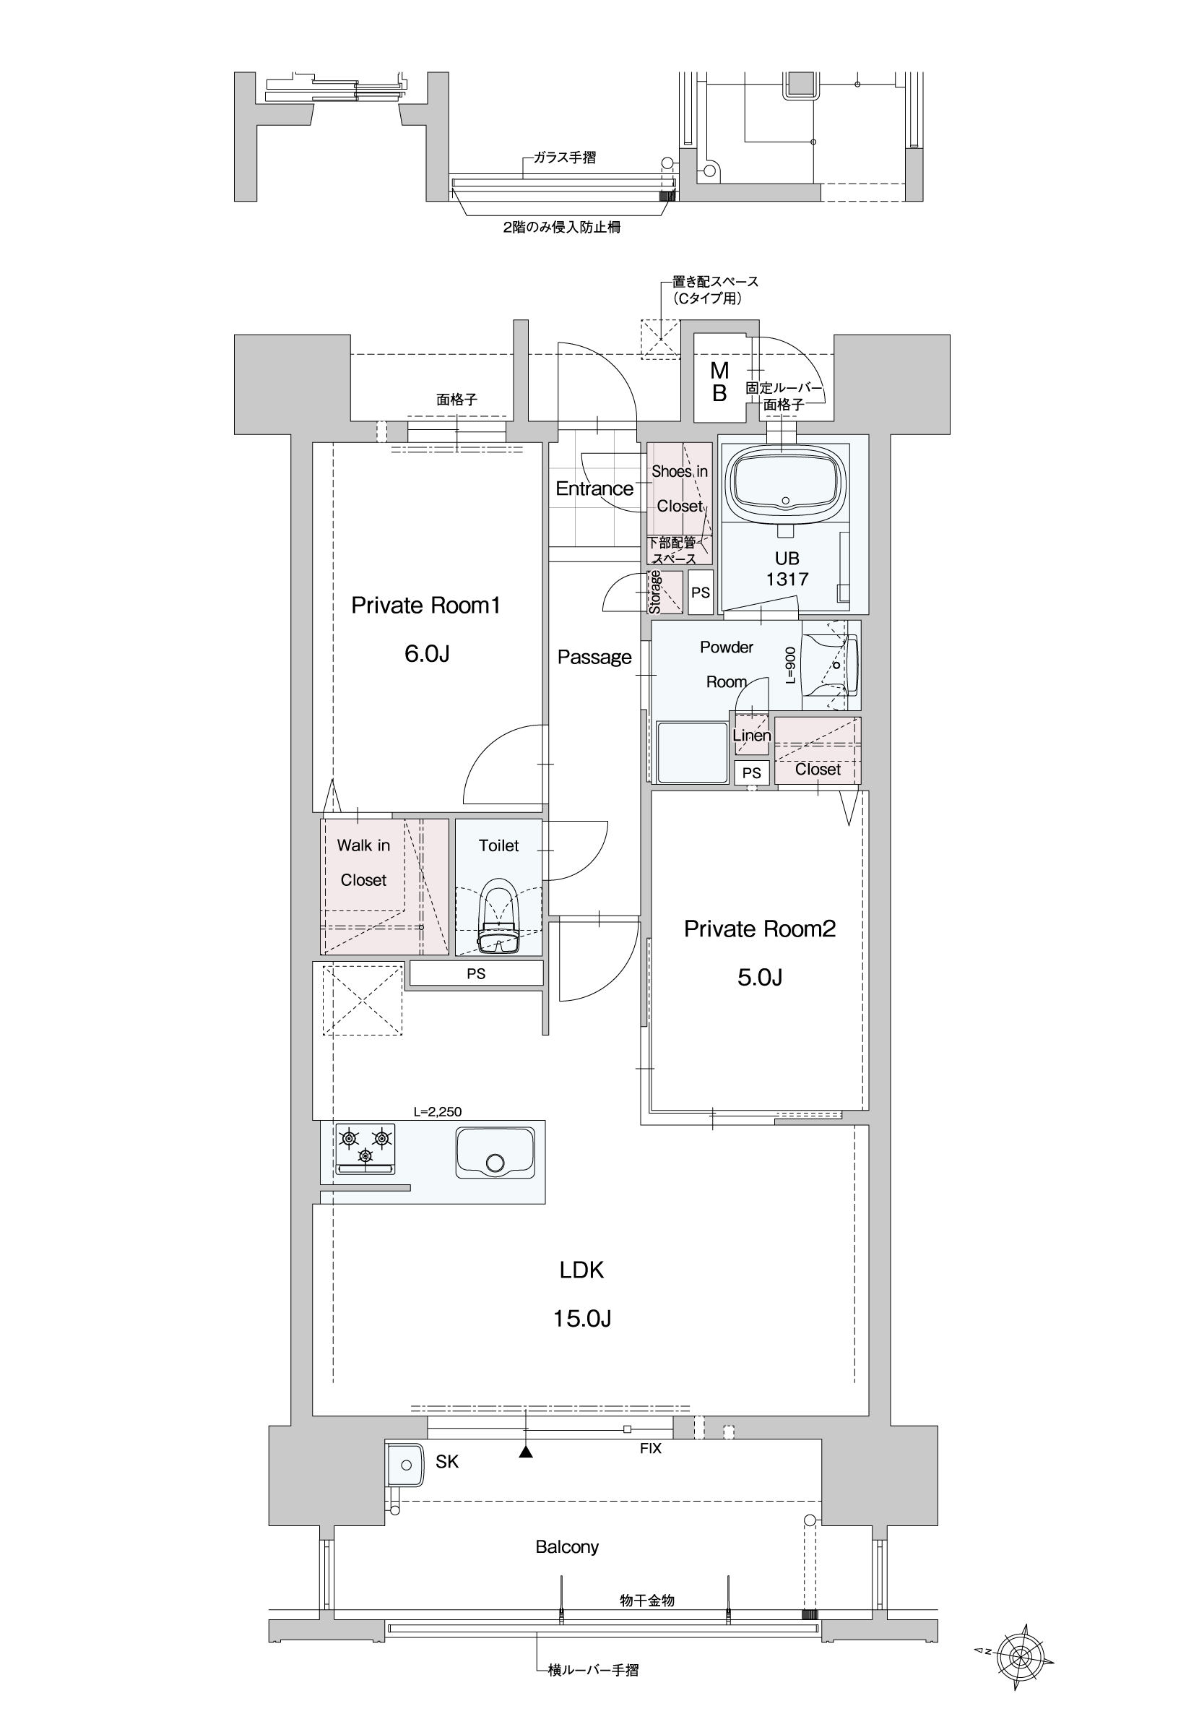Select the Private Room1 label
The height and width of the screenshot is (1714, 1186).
click(x=426, y=605)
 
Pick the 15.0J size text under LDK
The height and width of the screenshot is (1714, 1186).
click(x=582, y=1319)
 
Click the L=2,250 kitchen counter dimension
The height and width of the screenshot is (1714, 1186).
click(x=438, y=1112)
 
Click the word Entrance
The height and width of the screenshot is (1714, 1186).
click(x=594, y=488)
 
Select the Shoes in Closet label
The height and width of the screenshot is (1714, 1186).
click(x=679, y=488)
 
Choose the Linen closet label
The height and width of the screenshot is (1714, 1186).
click(x=751, y=735)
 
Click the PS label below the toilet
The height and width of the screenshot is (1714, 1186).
click(x=475, y=973)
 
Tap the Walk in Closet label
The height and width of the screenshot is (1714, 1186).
click(x=363, y=862)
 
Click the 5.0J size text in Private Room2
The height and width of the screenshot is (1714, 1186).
click(x=759, y=978)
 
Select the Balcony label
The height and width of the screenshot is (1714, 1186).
click(x=567, y=1547)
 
